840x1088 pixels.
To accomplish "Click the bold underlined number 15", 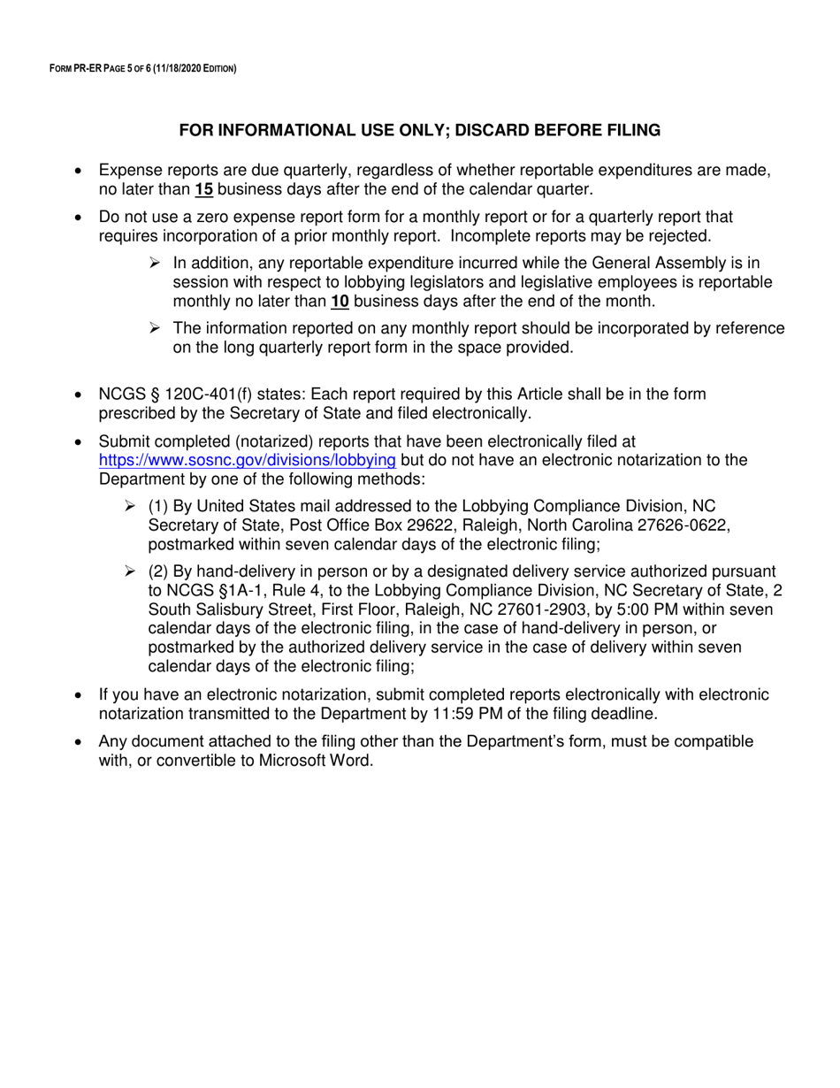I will click(x=204, y=188).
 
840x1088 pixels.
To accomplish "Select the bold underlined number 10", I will click(x=340, y=302).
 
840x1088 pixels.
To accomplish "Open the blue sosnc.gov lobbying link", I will click(x=248, y=460).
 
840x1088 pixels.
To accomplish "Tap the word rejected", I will click(x=678, y=236).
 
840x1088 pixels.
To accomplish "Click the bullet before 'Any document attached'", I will click(x=80, y=741).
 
